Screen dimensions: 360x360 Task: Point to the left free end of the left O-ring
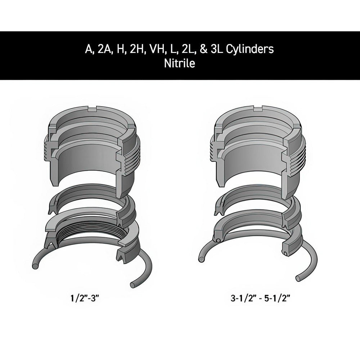pos(35,265)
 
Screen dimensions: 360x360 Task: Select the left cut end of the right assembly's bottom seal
pos(217,239)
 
